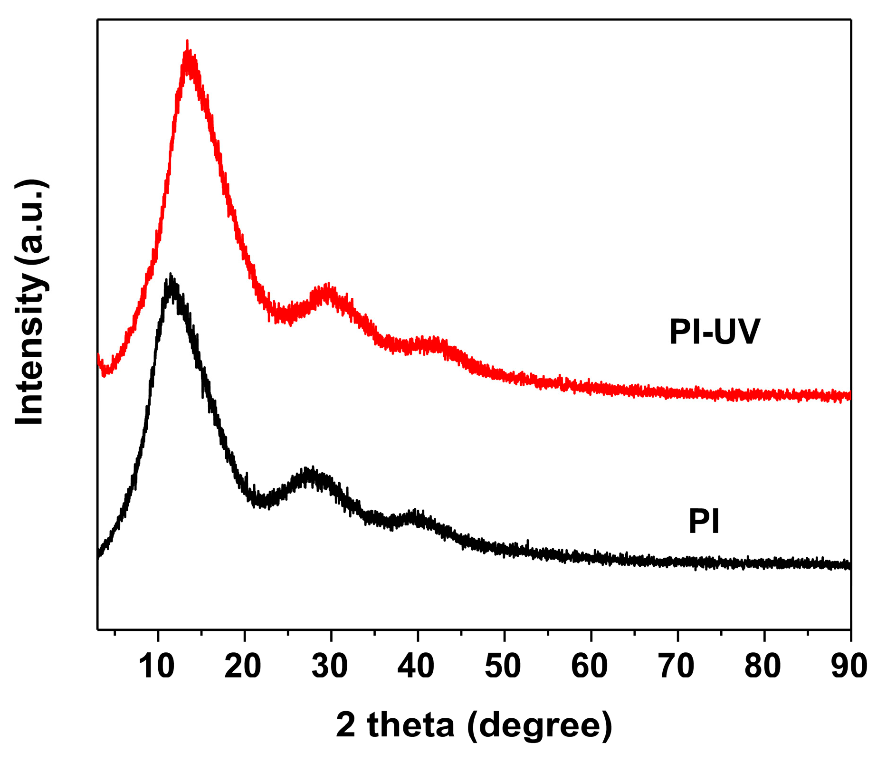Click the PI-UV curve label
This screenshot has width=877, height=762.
point(715,332)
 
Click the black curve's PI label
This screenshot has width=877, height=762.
point(704,522)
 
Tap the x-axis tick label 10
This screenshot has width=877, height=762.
point(157,667)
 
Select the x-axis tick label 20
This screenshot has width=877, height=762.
point(244,667)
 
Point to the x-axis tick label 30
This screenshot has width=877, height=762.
point(331,667)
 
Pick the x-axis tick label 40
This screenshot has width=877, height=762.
point(417,667)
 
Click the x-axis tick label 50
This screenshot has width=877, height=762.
point(504,667)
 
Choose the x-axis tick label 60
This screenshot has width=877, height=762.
point(591,667)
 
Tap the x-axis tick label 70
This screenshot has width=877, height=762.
point(677,667)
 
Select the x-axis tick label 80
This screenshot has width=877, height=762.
point(763,667)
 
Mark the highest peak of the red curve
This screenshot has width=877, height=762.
point(187,42)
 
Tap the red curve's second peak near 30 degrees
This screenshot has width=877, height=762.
point(327,286)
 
